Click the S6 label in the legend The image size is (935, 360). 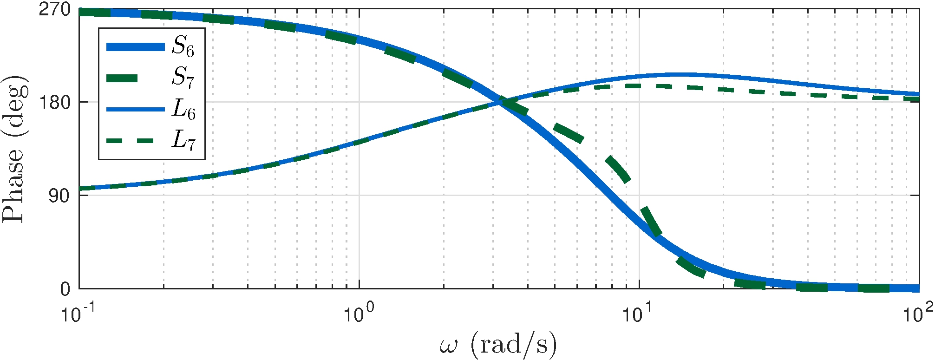point(183,47)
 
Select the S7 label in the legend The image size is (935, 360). point(183,78)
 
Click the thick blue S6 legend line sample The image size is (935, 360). point(136,46)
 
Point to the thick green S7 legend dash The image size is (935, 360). point(122,78)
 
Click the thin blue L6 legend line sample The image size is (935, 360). point(136,109)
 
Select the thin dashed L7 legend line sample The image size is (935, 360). point(136,140)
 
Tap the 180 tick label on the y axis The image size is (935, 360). point(54,102)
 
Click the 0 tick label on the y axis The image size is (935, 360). point(65,289)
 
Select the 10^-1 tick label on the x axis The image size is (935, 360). point(78,314)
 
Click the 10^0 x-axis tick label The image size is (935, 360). point(359,314)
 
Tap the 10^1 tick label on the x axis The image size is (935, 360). point(639,314)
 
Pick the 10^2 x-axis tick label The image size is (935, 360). point(918,314)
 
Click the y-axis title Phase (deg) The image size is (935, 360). point(15,149)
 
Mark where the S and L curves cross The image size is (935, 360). point(501,102)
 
